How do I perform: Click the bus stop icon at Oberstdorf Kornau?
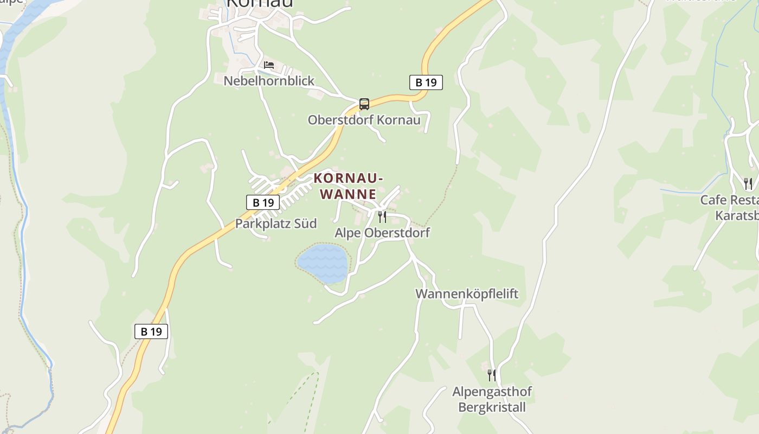click(364, 104)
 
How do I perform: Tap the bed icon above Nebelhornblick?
click(269, 66)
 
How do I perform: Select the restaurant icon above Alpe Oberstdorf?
click(382, 217)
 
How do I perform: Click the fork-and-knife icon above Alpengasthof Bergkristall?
click(492, 375)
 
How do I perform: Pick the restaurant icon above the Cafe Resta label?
click(748, 184)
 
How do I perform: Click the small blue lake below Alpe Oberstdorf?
click(323, 263)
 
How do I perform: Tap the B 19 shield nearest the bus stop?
click(426, 82)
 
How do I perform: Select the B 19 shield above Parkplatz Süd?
click(263, 202)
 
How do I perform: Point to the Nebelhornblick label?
click(269, 81)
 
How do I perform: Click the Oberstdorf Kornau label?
click(364, 120)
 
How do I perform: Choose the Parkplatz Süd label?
click(275, 224)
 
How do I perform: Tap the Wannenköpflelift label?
click(467, 294)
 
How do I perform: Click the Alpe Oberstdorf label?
click(382, 233)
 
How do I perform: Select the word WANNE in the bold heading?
click(348, 194)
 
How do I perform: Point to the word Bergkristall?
click(492, 407)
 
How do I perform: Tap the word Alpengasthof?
click(492, 391)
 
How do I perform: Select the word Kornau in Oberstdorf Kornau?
click(398, 120)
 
